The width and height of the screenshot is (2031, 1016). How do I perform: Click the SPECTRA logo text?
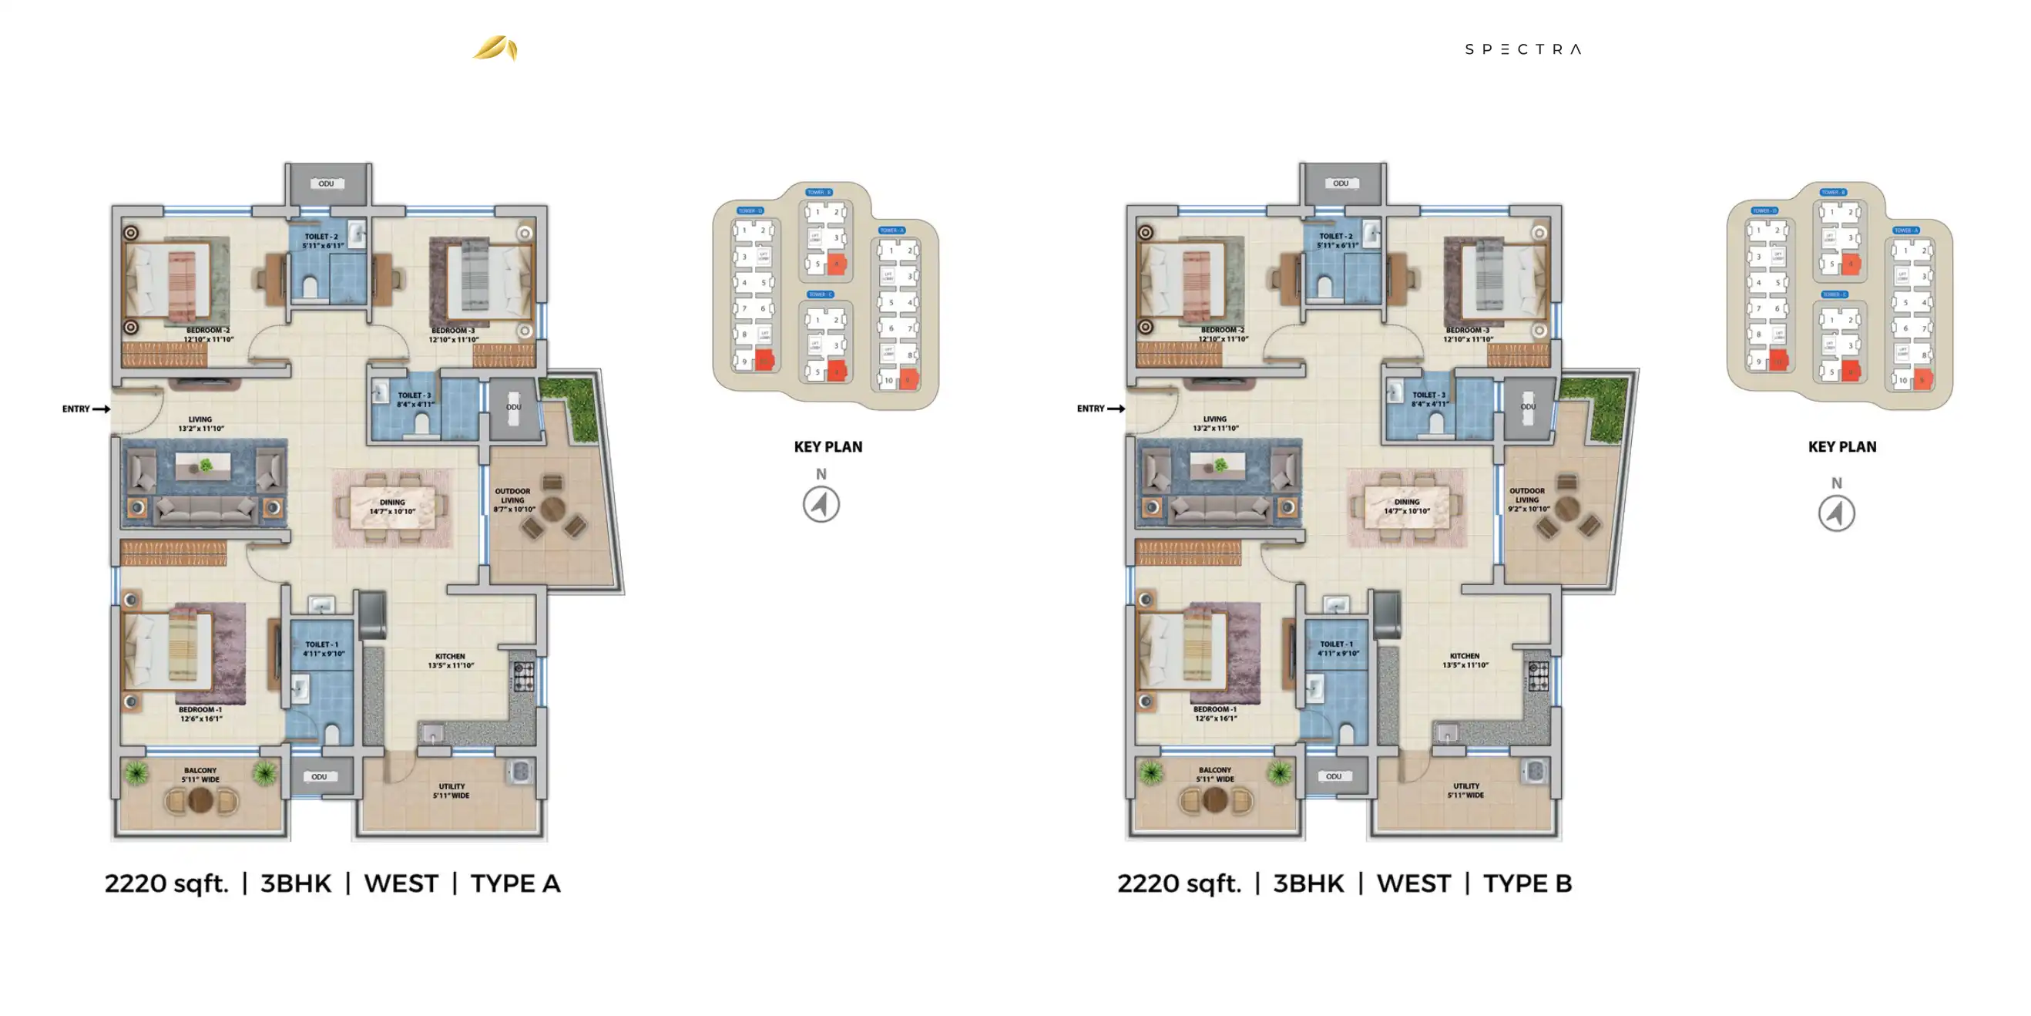[x=1522, y=49]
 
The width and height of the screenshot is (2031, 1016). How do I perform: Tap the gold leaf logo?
[x=495, y=48]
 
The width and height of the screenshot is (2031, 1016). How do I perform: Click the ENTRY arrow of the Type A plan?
[x=101, y=409]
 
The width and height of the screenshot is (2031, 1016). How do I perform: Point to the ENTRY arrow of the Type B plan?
[x=1116, y=409]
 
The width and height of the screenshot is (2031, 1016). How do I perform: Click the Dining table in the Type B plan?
[x=1407, y=506]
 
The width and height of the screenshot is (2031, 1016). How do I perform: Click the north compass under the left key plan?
[x=821, y=504]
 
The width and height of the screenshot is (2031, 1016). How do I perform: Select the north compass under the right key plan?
[x=1836, y=513]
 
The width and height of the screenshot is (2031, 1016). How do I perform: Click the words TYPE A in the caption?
[x=515, y=883]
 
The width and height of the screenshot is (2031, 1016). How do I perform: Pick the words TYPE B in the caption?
[x=1527, y=883]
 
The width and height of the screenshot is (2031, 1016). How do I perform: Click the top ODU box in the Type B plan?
[x=1341, y=183]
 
